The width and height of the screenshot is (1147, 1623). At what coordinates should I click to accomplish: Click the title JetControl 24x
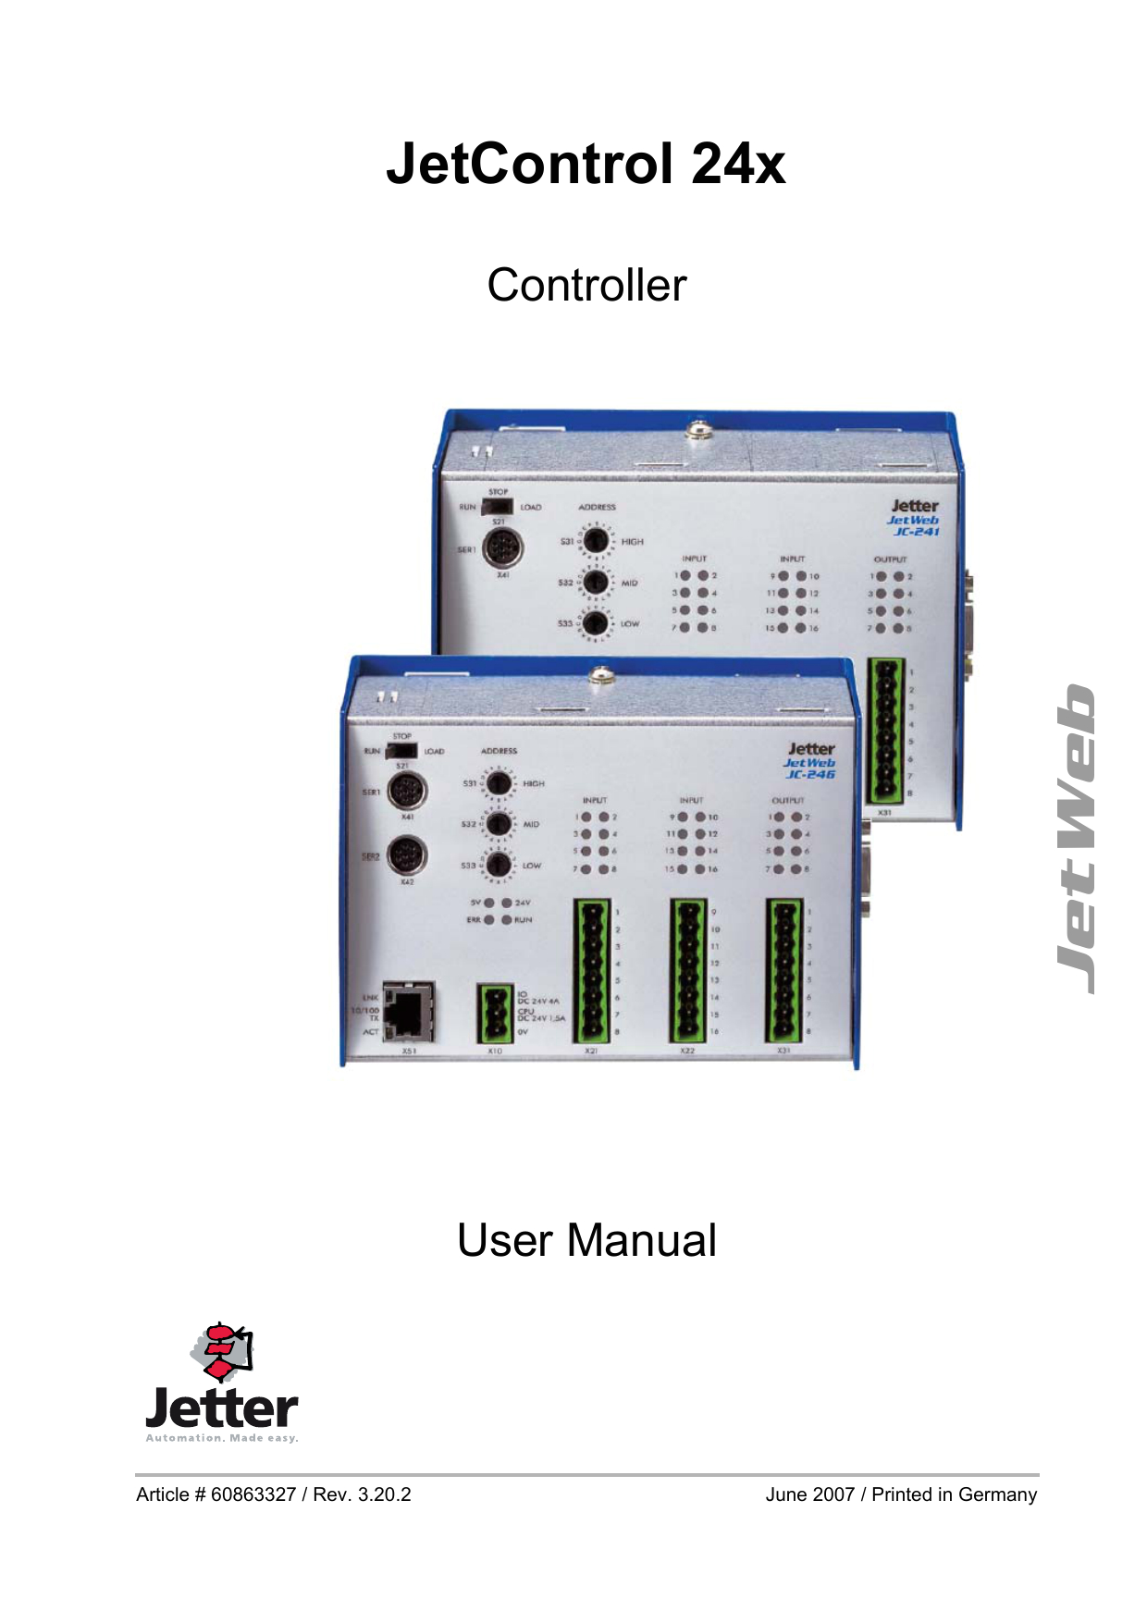coord(586,165)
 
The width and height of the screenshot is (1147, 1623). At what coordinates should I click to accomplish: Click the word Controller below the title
coord(586,285)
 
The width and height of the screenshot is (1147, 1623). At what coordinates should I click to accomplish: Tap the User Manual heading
coord(586,1240)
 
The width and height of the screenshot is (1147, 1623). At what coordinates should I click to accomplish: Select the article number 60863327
coord(253,1494)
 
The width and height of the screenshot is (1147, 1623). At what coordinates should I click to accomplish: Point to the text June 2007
coord(809,1494)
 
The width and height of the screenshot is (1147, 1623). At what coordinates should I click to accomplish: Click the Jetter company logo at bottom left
coord(222,1383)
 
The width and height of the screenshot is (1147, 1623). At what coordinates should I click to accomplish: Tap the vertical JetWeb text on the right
coord(1077,839)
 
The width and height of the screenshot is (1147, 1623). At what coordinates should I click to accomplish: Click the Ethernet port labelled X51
coord(408,1013)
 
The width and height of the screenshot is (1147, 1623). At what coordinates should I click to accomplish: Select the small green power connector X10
coord(495,1014)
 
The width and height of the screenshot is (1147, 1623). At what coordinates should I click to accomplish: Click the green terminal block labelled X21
coord(592,970)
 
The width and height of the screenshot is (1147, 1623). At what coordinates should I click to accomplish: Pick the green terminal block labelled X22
coord(688,970)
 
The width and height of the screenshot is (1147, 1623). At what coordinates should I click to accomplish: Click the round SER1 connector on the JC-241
coord(503,547)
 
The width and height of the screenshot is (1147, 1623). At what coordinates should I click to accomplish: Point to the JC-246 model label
coord(810,774)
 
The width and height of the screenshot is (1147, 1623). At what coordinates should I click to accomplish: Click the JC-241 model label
coord(916,532)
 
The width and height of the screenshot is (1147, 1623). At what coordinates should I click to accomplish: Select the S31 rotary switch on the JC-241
coord(595,540)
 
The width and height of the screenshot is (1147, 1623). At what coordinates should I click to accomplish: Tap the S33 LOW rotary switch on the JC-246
coord(499,866)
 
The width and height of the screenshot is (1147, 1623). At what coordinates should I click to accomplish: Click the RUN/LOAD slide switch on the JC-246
coord(402,751)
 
